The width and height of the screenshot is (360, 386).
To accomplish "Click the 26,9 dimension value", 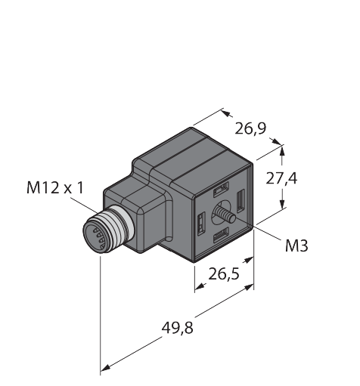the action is click(250, 128).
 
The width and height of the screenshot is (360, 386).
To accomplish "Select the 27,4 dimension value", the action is click(281, 178).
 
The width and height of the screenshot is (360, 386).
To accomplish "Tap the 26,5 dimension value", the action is click(223, 273).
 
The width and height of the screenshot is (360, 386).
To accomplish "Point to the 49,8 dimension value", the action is click(178, 328).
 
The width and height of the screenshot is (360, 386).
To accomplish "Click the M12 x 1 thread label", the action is click(55, 188).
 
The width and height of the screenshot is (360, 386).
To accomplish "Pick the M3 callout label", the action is click(296, 245).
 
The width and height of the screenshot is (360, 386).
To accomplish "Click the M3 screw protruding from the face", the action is click(225, 215).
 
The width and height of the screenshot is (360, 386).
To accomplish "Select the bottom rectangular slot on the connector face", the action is click(221, 235).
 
